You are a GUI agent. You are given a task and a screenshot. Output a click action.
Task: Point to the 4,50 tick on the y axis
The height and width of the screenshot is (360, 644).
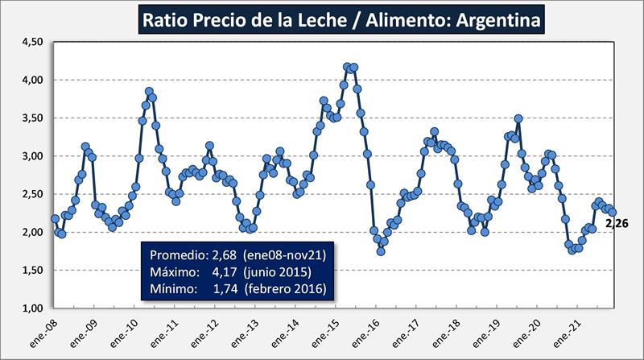(x=29, y=42)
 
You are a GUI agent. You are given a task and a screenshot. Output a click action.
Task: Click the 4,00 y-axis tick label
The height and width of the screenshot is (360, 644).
(x=29, y=81)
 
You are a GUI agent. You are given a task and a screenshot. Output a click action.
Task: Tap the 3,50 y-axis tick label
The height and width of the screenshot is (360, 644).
(x=29, y=118)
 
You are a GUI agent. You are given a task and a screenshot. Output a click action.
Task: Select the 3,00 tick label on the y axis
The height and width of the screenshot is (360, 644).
(x=29, y=156)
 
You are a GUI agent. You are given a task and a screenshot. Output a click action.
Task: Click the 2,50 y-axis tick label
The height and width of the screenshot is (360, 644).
(x=29, y=194)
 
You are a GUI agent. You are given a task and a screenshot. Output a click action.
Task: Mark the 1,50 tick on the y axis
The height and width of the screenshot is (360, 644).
(x=29, y=271)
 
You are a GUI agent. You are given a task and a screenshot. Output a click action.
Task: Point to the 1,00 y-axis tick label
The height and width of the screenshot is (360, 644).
(x=29, y=308)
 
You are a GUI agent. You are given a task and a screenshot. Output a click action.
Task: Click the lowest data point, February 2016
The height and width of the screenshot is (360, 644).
(x=381, y=251)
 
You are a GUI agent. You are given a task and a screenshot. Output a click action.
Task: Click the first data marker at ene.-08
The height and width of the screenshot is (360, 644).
(x=55, y=219)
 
